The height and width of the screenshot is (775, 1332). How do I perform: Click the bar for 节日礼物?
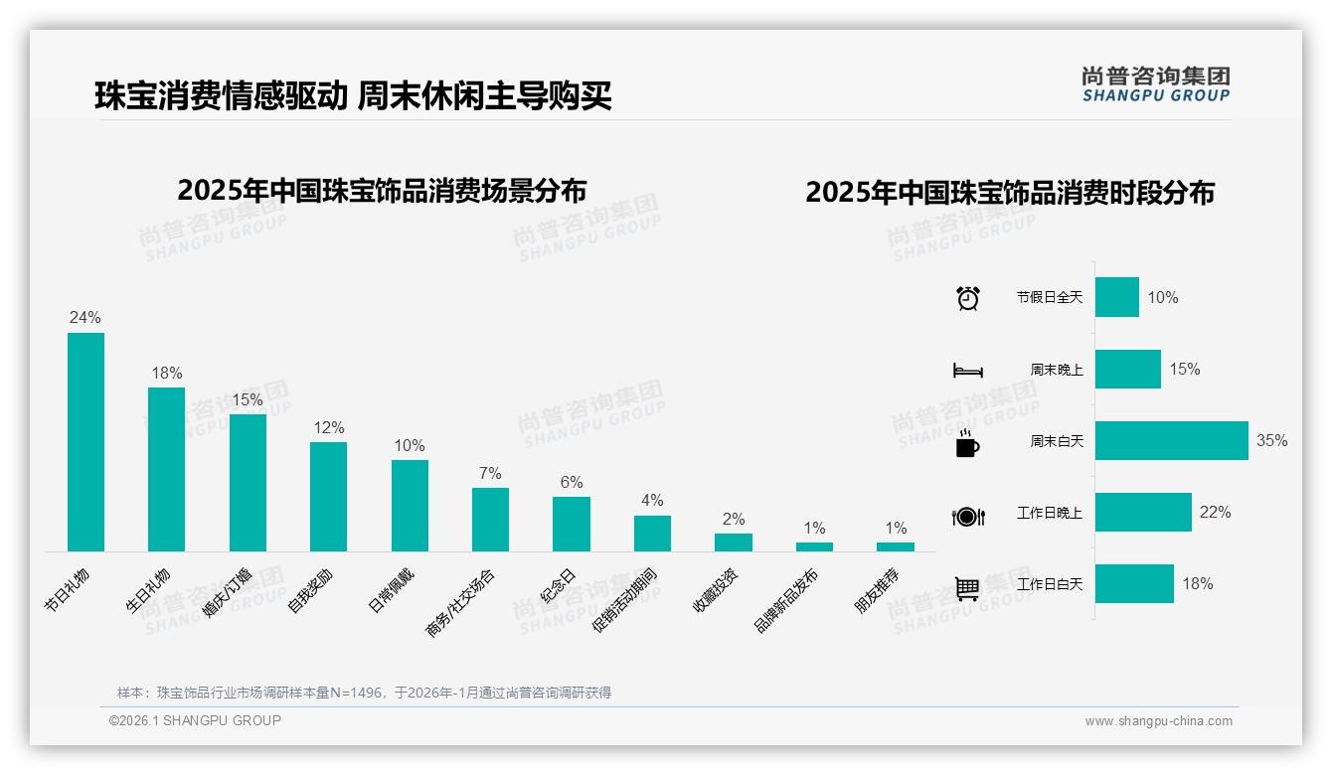[85, 441]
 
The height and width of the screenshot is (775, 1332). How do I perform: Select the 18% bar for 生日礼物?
[166, 469]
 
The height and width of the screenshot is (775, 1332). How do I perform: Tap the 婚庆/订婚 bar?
[248, 482]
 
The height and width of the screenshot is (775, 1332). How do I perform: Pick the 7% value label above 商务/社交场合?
[490, 473]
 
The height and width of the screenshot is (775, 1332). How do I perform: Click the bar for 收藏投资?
[733, 542]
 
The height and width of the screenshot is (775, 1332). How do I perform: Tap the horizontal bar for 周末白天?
[1171, 440]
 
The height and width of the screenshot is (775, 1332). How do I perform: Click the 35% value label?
[1271, 440]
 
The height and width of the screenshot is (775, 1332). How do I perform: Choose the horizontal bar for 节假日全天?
[1116, 297]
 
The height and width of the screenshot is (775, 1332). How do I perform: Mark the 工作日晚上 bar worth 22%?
[1143, 512]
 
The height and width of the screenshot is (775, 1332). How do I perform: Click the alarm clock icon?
[967, 297]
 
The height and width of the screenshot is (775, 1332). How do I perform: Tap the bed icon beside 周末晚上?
[967, 370]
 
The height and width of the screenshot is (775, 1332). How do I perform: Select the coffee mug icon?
[966, 443]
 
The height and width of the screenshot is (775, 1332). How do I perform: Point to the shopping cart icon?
[966, 588]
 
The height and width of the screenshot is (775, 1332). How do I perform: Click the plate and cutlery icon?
[967, 516]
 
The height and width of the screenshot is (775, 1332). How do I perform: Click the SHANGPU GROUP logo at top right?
[1155, 84]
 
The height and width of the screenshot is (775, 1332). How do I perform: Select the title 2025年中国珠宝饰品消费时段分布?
[1010, 192]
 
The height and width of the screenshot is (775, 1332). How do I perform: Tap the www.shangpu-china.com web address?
[1158, 721]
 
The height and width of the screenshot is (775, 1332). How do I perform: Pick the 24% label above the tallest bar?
[84, 317]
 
